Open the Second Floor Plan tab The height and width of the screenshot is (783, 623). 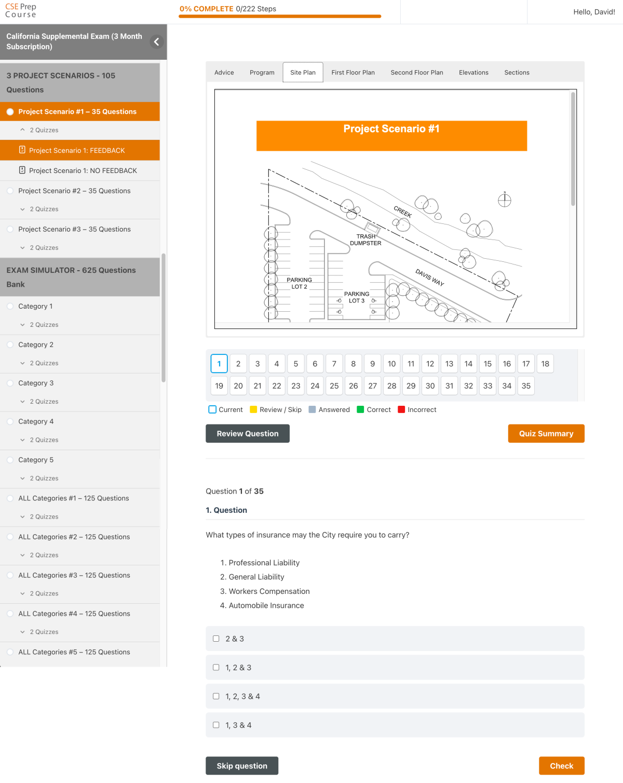416,73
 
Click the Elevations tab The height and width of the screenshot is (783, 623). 473,73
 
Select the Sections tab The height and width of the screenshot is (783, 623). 517,73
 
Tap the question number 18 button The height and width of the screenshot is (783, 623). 545,364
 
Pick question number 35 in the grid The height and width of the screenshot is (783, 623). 526,386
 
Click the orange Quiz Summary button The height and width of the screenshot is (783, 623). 546,434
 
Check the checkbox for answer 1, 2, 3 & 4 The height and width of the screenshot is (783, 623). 216,696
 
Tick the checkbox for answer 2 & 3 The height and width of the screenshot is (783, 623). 216,639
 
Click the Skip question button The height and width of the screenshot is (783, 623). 242,766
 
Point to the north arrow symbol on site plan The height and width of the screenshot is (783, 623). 505,200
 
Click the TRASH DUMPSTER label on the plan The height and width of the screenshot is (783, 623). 365,240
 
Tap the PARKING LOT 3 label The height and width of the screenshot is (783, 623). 357,297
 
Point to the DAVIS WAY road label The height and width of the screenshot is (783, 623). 429,277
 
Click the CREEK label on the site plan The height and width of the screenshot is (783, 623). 402,212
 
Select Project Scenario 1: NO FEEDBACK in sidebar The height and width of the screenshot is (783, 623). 83,170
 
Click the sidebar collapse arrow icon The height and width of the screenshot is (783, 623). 156,42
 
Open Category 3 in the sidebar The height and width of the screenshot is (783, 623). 36,383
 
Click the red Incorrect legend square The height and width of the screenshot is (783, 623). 401,409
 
